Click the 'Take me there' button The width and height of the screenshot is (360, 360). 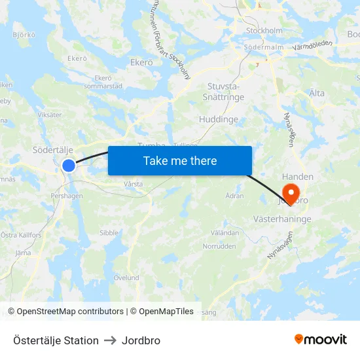[x=180, y=160]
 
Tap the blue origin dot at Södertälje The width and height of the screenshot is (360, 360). [x=69, y=166]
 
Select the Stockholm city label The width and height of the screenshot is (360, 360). [x=264, y=30]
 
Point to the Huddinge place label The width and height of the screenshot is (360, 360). [x=219, y=120]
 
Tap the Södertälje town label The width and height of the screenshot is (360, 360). [x=52, y=150]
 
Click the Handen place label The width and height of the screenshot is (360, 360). [x=298, y=177]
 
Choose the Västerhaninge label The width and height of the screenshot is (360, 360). [x=282, y=219]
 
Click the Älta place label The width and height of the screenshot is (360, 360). [x=317, y=93]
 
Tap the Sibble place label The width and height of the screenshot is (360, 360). [x=109, y=232]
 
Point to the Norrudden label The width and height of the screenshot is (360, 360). [x=219, y=247]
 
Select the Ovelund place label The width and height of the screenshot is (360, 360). [x=126, y=278]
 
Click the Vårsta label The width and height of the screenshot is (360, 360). [x=133, y=185]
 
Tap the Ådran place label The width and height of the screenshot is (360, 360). [x=234, y=196]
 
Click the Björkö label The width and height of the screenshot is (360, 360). [x=24, y=35]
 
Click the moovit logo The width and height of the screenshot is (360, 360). [x=320, y=340]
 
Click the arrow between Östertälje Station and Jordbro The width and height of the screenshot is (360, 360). [x=110, y=341]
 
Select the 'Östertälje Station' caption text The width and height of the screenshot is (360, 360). [x=56, y=341]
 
